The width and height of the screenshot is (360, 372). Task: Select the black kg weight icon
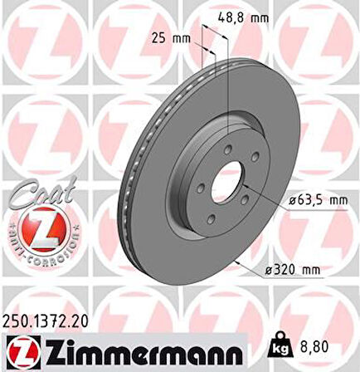[x=281, y=350]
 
